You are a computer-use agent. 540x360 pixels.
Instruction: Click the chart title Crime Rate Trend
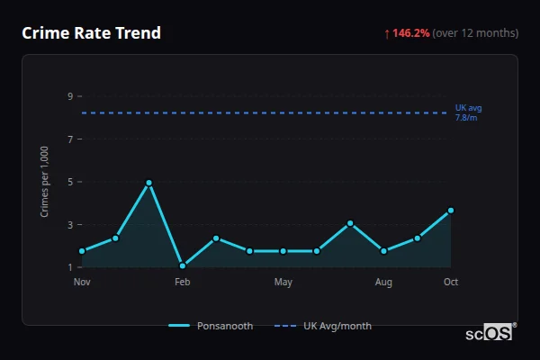coord(91,33)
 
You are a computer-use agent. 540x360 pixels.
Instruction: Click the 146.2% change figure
coord(411,33)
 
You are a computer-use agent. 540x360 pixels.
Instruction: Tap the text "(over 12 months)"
coord(475,33)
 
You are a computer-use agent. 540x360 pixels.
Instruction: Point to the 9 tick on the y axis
coord(70,96)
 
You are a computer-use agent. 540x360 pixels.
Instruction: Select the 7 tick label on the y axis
coord(70,139)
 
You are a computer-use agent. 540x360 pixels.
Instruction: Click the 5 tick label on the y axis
coord(70,182)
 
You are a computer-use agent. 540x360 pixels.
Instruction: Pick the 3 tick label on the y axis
coord(70,225)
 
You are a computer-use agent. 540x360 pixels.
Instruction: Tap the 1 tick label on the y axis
coord(70,267)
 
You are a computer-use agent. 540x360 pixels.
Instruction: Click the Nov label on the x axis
coord(82,283)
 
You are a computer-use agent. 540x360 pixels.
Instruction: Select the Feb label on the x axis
coord(183,283)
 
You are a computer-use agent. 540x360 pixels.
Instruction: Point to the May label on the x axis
coord(283,283)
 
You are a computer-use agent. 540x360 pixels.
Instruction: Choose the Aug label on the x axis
coord(383,283)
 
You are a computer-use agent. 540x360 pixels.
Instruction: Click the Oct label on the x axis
coord(451,283)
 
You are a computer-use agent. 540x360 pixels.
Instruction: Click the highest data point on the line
coord(149,183)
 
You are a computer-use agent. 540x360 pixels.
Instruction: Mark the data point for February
coord(183,265)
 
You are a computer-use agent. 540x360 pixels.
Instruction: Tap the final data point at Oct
coord(451,211)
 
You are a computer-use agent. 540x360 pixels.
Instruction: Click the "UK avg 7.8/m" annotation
coord(468,112)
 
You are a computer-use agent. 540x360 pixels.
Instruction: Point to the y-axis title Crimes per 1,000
coord(45,182)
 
